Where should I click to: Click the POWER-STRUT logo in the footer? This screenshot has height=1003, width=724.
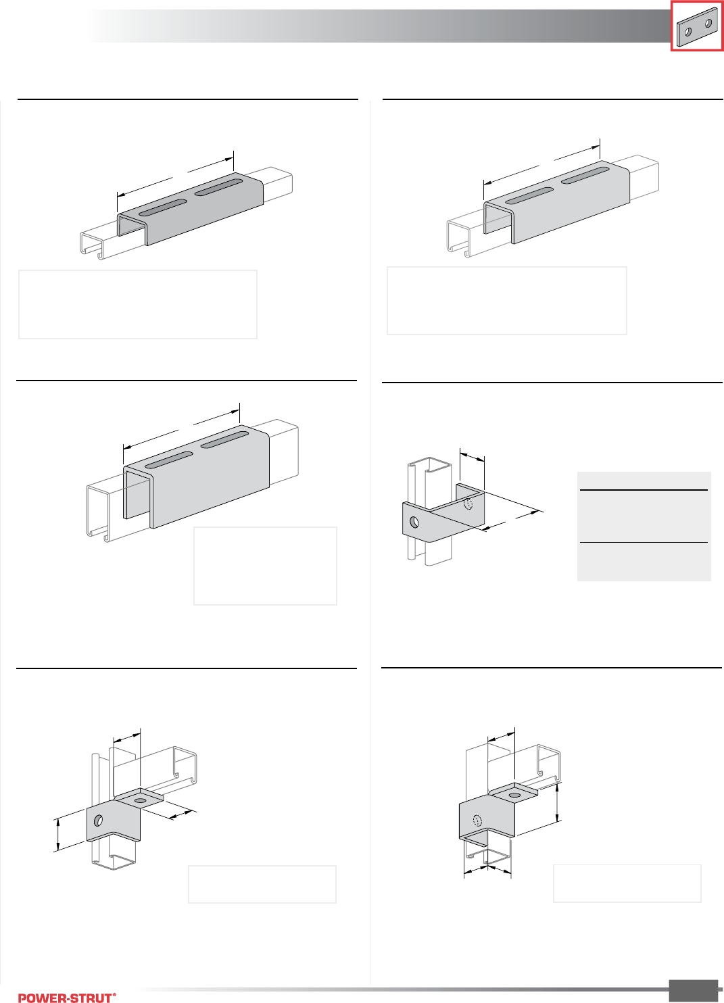[x=67, y=998]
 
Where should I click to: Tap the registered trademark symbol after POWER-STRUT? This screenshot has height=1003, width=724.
[x=115, y=994]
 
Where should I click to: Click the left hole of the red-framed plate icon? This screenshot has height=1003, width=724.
[x=689, y=32]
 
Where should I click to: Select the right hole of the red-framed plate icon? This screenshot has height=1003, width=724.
[x=708, y=23]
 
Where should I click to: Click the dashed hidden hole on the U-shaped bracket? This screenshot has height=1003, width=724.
[x=468, y=504]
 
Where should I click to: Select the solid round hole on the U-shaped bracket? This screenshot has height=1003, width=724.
[x=414, y=522]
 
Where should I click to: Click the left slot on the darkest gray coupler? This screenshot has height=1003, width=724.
[x=163, y=207]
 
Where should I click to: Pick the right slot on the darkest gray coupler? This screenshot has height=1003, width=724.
[x=218, y=188]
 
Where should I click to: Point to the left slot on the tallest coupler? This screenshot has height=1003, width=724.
[x=169, y=460]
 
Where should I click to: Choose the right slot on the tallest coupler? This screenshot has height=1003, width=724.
[x=224, y=440]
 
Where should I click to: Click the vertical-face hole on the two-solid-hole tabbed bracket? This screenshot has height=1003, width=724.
[x=99, y=820]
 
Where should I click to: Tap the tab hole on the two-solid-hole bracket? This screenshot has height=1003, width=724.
[x=140, y=800]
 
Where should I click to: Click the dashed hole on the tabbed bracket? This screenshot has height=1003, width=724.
[x=477, y=821]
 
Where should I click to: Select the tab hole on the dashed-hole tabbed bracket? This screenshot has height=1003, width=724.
[x=515, y=796]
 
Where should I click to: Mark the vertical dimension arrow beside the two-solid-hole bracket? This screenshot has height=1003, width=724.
[x=57, y=835]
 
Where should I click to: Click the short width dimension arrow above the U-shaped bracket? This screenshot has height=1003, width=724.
[x=472, y=457]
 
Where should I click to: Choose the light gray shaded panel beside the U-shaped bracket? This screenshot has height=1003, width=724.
[x=644, y=526]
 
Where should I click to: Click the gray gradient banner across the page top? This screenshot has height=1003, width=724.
[x=379, y=26]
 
